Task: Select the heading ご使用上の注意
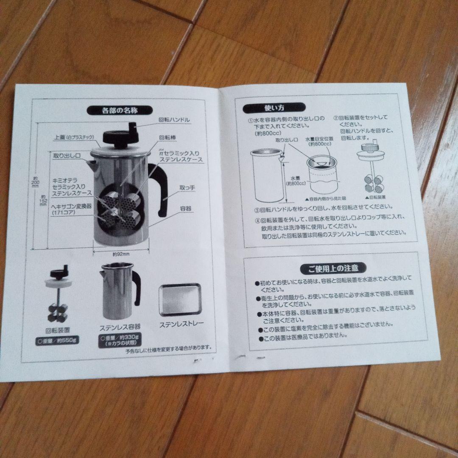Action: point(333,268)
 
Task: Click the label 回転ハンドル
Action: point(174,120)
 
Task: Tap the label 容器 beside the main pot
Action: point(185,208)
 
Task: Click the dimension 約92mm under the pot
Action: point(121,254)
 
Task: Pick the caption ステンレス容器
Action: point(120,327)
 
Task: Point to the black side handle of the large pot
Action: point(159,189)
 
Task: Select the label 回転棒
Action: point(168,137)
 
